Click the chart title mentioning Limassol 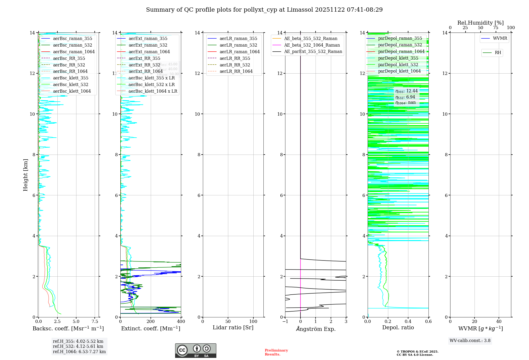[x=264, y=10]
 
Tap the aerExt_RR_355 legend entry [x=144, y=58]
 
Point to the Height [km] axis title [x=25, y=175]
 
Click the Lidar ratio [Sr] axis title [x=233, y=327]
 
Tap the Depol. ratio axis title [x=398, y=327]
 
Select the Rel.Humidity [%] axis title [x=480, y=23]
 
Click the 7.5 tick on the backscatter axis [x=95, y=322]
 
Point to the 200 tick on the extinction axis [x=151, y=322]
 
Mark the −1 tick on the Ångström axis [x=285, y=322]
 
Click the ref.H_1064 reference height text [x=79, y=352]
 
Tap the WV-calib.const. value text [x=470, y=340]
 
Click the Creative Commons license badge [x=195, y=350]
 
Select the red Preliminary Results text [x=276, y=352]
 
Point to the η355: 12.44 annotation [x=407, y=91]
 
